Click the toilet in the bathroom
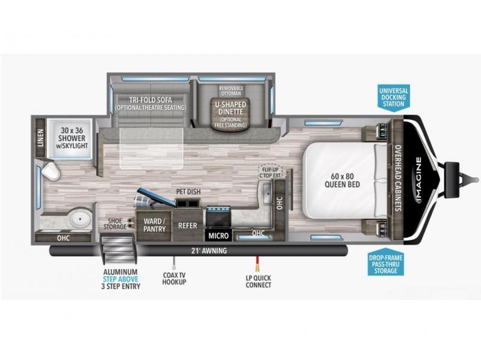pos(51,171)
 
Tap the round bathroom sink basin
pos(80,219)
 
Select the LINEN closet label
pos(40,138)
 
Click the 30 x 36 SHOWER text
pos(72,138)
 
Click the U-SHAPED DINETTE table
pos(231,114)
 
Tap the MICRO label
pos(218,236)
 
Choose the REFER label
pos(188,226)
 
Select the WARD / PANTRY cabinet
pos(154,225)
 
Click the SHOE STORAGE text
pos(115,224)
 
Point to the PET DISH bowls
pos(188,203)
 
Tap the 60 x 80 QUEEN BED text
pos(342,180)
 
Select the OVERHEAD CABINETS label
pos(398,178)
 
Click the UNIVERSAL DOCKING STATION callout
pos(394,97)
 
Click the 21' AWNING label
pos(209,251)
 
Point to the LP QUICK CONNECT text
pos(259,281)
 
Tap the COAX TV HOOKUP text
pos(174,278)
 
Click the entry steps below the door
pos(118,248)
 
